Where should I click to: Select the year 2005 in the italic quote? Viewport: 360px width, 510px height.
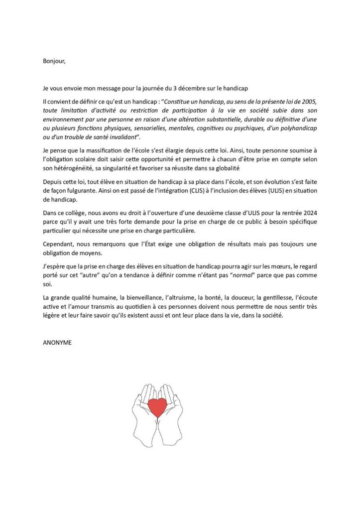click(x=306, y=102)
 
